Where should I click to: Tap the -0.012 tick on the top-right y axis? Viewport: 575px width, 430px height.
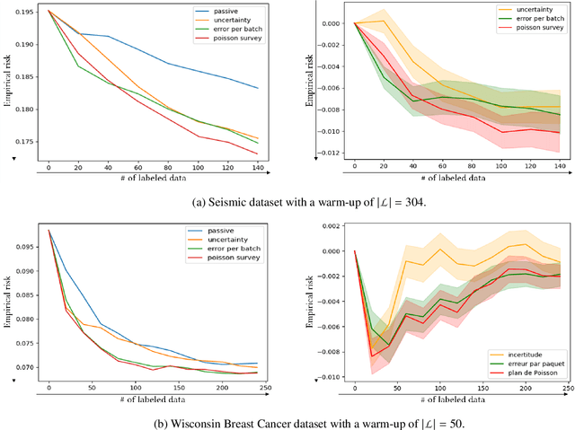pyautogui.click(x=332, y=152)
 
